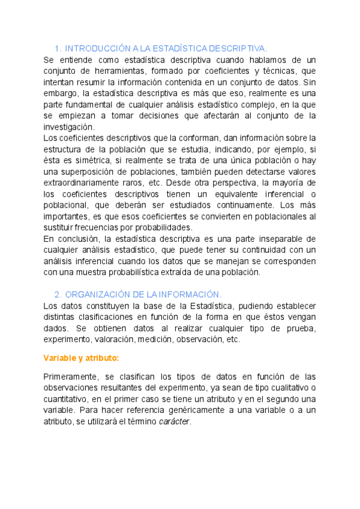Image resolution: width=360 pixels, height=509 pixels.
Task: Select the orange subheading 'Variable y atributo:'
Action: pyautogui.click(x=81, y=358)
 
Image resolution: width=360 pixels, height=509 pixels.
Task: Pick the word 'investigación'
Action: pyautogui.click(x=69, y=127)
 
